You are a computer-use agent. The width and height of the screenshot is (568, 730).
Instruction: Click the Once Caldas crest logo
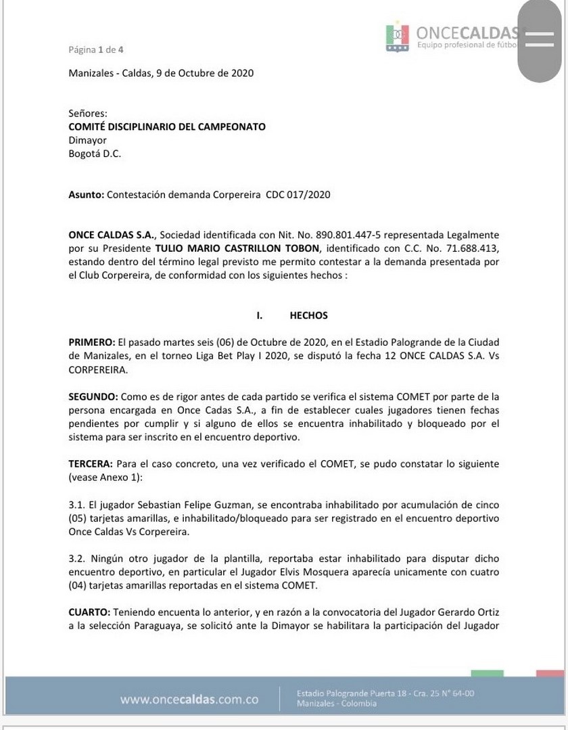(x=398, y=38)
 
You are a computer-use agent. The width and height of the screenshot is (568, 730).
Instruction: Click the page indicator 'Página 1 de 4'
(x=96, y=49)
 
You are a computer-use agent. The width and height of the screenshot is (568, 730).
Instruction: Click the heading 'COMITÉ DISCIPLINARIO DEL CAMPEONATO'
(x=167, y=127)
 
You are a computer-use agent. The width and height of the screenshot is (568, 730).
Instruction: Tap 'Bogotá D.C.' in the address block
(x=95, y=154)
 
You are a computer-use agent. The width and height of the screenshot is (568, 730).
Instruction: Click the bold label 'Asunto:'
(x=87, y=195)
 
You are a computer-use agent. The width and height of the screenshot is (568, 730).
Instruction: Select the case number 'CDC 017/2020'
(x=298, y=195)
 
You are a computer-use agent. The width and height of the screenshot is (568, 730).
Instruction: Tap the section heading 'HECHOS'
(x=308, y=315)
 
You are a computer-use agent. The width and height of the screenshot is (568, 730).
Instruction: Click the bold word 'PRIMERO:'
(x=92, y=342)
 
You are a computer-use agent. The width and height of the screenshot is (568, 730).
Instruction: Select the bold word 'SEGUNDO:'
(x=93, y=396)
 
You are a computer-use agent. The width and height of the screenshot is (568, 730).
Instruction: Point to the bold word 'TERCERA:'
(x=91, y=463)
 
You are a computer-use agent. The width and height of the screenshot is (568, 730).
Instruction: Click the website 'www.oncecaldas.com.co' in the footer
(x=189, y=700)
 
